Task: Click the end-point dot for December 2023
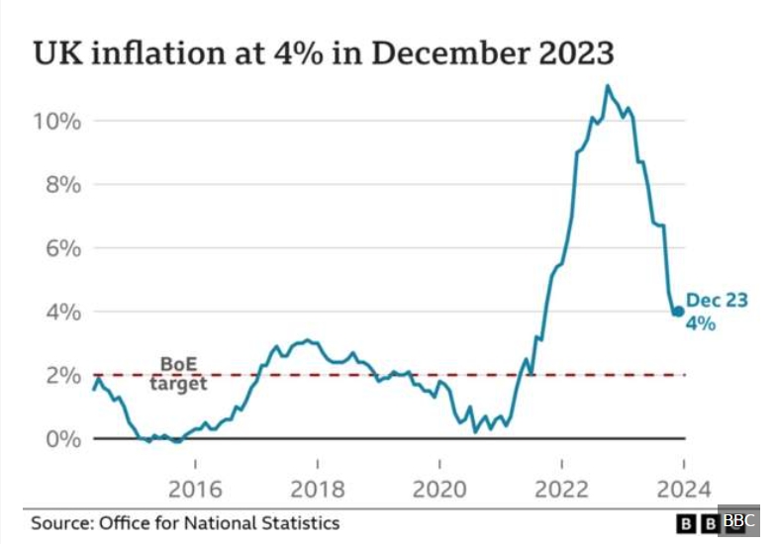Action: click(x=678, y=312)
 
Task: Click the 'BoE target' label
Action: click(x=179, y=374)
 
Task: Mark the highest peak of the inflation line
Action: click(x=607, y=86)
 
